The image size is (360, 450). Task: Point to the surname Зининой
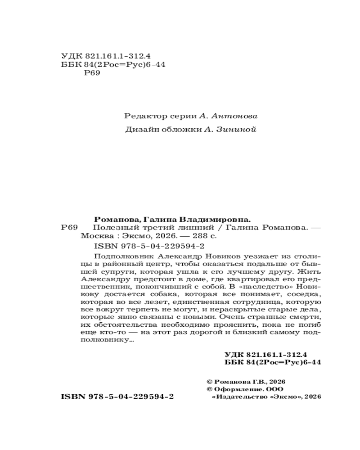point(237,131)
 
